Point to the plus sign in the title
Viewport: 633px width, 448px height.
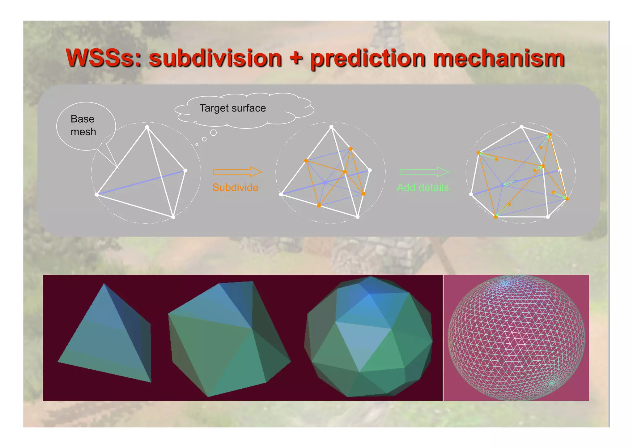point(296,58)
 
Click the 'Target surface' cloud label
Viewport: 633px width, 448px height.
point(232,108)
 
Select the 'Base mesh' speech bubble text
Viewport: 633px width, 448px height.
point(83,125)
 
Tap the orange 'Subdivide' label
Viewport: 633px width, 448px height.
point(235,187)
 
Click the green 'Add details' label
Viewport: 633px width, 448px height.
point(423,187)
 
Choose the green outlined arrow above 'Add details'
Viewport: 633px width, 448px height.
point(424,172)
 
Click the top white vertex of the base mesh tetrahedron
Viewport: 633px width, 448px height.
point(147,127)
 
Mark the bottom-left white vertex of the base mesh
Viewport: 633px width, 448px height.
point(96,194)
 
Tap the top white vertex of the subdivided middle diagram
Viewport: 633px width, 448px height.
point(331,127)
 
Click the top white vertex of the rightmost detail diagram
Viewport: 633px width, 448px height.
point(521,127)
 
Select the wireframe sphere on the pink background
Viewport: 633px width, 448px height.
point(516,337)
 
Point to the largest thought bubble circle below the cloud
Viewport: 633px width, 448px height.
point(213,133)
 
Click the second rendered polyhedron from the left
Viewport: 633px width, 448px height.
point(229,339)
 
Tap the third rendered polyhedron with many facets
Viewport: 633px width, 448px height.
point(368,337)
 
